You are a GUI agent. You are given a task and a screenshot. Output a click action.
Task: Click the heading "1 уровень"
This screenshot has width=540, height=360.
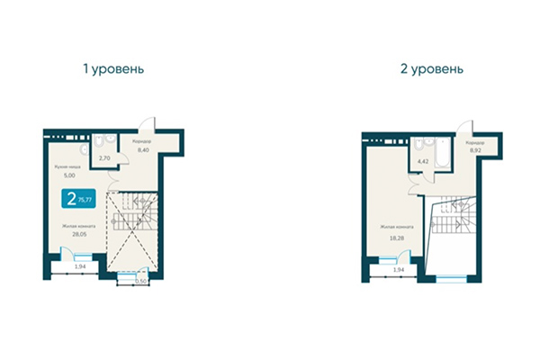click(112, 68)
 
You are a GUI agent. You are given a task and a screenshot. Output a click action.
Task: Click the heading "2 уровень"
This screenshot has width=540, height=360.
click(433, 68)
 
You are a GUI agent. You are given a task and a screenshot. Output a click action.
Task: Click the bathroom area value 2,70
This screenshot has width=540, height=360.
click(103, 158)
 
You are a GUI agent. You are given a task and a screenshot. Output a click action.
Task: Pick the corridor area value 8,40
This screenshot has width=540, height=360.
click(143, 150)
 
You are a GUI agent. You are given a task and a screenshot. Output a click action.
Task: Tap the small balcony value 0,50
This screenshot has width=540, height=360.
click(139, 282)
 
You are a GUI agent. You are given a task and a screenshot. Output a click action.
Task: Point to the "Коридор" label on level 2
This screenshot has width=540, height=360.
click(475, 143)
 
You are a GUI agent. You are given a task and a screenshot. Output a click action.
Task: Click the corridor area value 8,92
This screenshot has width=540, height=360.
click(475, 150)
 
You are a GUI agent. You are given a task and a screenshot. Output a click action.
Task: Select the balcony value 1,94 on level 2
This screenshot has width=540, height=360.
click(399, 269)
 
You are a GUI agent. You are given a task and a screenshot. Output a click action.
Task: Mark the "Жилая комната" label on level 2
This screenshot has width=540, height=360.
click(396, 227)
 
